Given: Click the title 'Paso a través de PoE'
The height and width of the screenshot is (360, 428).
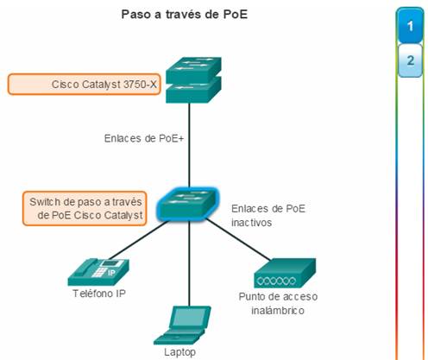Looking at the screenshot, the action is click(x=185, y=14).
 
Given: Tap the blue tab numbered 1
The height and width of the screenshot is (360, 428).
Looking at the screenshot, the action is click(x=410, y=26).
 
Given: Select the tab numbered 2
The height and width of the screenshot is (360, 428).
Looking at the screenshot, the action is click(x=410, y=60).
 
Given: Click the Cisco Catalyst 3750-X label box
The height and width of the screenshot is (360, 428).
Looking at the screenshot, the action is click(x=84, y=84).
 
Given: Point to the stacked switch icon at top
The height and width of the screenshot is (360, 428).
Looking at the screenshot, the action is click(x=193, y=80).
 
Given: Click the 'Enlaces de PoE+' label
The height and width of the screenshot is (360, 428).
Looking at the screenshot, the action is click(x=144, y=138).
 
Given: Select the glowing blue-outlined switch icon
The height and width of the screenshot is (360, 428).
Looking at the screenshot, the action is click(x=187, y=205).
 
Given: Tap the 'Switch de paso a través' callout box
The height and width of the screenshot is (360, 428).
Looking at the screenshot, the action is click(x=85, y=208).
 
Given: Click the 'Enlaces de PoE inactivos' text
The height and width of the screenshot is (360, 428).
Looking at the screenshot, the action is click(x=268, y=215).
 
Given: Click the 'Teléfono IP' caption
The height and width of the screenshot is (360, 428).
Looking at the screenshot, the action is click(x=99, y=294).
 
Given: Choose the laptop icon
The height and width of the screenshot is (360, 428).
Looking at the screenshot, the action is click(x=182, y=325).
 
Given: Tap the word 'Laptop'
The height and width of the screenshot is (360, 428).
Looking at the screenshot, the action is click(x=180, y=352).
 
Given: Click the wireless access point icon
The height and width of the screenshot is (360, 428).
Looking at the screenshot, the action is click(x=285, y=273).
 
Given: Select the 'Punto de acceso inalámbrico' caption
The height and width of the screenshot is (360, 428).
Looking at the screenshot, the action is click(x=278, y=303).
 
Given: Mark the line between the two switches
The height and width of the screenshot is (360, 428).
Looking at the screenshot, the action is click(x=189, y=145).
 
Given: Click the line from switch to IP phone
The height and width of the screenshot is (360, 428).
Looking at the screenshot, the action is click(x=138, y=240).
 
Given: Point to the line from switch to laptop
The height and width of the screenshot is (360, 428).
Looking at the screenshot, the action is click(x=189, y=263).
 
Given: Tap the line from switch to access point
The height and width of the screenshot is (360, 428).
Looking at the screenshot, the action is click(x=238, y=240).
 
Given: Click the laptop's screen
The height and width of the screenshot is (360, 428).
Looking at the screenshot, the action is click(x=190, y=317).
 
